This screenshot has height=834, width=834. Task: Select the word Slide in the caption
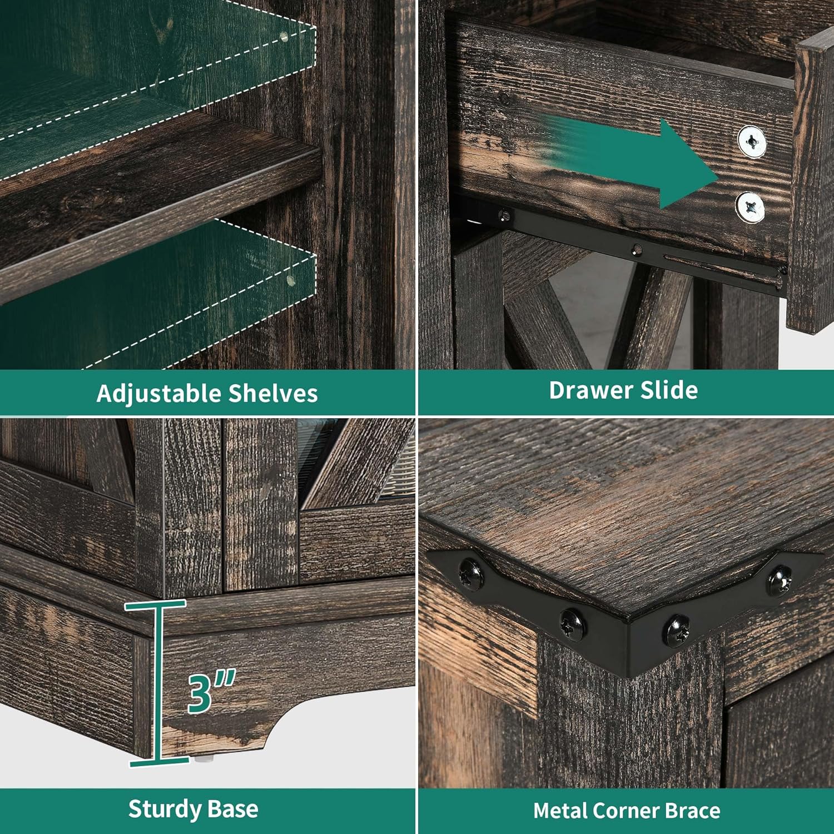[669, 390]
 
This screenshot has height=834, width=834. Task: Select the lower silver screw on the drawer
[750, 207]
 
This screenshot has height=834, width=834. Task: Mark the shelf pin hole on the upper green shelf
[284, 37]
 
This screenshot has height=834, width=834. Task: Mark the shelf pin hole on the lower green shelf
[290, 280]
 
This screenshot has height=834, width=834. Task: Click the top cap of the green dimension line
[155, 604]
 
